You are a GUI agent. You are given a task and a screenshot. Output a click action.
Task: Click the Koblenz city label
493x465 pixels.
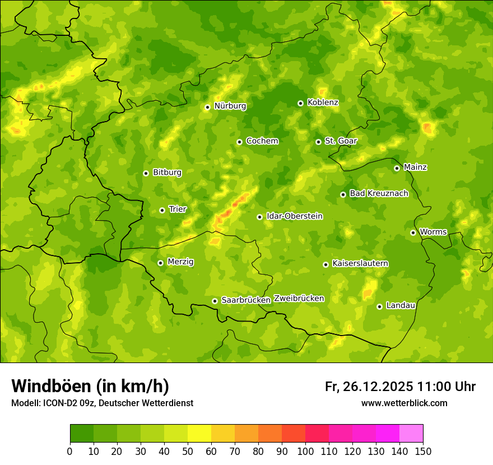click(x=323, y=103)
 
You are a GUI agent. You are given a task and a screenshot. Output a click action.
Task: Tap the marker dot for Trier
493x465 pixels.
click(x=162, y=210)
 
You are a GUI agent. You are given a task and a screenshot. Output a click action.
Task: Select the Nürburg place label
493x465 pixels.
click(x=230, y=106)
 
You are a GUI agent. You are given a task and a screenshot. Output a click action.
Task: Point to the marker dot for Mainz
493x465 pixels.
click(x=397, y=168)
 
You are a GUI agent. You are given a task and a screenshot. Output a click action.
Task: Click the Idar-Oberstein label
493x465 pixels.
click(x=295, y=216)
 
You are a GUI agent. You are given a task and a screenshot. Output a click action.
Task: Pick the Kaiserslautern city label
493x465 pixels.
click(x=360, y=263)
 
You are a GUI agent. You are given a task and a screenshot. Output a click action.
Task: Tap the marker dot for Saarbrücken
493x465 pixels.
click(x=215, y=301)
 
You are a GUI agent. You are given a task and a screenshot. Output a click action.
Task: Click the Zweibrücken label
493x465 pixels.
click(x=299, y=299)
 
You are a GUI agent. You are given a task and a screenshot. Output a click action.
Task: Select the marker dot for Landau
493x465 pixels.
click(x=379, y=306)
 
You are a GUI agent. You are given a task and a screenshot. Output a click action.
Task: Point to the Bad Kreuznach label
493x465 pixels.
click(x=379, y=193)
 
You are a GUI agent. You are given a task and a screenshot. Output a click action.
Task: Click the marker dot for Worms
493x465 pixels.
click(x=413, y=232)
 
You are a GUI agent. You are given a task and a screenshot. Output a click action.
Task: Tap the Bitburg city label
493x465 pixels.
click(x=167, y=173)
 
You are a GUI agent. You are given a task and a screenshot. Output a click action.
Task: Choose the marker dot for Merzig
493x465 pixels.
click(x=160, y=263)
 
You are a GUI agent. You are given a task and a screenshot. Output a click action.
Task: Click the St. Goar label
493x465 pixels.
click(x=341, y=141)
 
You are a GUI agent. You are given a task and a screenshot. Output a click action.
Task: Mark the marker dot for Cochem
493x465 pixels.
click(x=239, y=142)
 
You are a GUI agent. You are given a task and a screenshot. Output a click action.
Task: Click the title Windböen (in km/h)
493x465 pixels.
click(x=90, y=386)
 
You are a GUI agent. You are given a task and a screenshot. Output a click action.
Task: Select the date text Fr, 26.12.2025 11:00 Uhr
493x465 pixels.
click(x=400, y=387)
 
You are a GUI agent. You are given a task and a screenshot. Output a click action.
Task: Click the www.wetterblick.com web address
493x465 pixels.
click(x=404, y=403)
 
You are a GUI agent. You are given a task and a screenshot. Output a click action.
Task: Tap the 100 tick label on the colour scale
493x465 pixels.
click(x=305, y=451)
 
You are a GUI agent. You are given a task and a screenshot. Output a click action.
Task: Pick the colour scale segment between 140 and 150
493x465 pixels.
click(x=411, y=434)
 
